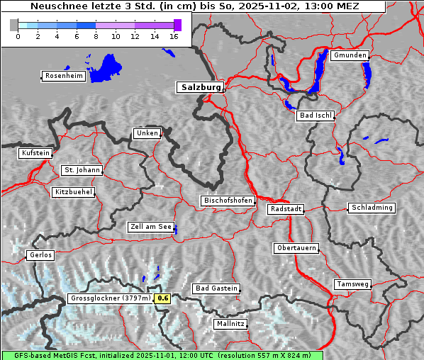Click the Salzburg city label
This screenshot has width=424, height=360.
coord(200,87)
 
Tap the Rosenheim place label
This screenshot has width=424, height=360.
coord(63,76)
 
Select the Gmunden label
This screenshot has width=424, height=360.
coord(350,55)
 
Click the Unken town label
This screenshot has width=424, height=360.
coord(146,133)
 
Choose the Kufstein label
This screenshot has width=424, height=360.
coord(35,153)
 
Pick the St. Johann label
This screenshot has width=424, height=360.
coord(82,170)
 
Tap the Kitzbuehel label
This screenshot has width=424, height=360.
coord(73,192)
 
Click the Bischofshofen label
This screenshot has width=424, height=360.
coord(227,201)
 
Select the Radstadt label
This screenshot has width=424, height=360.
coord(286,209)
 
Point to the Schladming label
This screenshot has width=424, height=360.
coord(371,208)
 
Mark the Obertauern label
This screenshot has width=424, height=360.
coord(296,248)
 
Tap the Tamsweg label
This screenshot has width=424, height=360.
coord(352,284)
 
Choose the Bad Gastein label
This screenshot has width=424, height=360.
coord(216,288)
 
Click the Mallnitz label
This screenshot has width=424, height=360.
coord(230,324)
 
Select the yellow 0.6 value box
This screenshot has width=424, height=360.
coord(163,298)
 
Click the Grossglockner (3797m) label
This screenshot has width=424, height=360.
coord(111,298)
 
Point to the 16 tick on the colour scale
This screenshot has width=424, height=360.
coord(174,36)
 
